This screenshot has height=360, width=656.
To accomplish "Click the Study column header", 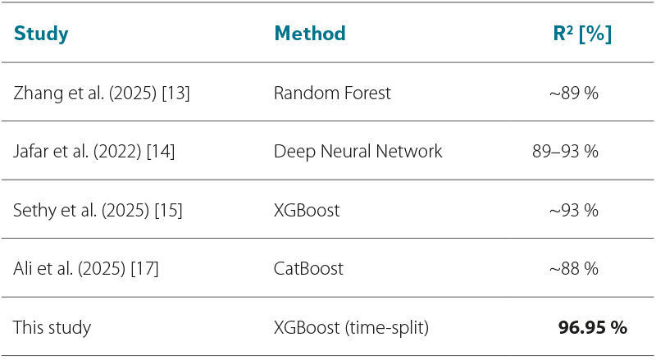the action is [x=40, y=34].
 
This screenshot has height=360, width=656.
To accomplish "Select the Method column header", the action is [x=310, y=34].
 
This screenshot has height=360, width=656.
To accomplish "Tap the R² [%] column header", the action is [x=582, y=34].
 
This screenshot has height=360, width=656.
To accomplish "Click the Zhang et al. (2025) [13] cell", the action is [x=101, y=93].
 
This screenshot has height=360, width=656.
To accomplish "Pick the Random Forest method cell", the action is [x=332, y=93].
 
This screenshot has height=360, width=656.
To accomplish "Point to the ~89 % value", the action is [x=573, y=93].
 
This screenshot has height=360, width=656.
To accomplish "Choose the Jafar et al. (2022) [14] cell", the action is [x=93, y=152].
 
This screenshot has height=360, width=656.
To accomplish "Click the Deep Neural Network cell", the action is [x=358, y=152].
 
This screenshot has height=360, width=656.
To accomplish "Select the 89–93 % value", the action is [x=565, y=152].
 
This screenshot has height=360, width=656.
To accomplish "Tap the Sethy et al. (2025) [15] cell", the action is [x=98, y=210].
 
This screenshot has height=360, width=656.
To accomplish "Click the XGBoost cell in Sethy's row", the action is [x=307, y=210].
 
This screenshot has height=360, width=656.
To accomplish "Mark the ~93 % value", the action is [x=573, y=210].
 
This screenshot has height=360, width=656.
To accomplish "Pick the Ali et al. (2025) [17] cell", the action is [x=86, y=269].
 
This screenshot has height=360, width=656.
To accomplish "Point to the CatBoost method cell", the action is [x=308, y=269].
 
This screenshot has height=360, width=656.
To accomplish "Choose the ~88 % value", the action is [x=573, y=269].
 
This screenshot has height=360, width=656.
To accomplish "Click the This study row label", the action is [x=52, y=327].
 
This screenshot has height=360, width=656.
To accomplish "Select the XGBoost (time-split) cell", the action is [x=351, y=327].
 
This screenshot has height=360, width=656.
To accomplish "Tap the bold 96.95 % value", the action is [x=592, y=327].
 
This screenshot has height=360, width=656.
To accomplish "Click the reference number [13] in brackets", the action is [x=175, y=93].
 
